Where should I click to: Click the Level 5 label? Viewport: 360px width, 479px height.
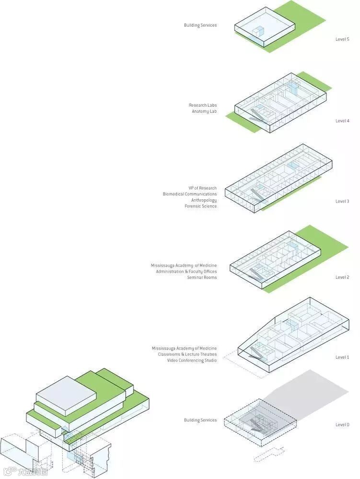pos(342,39)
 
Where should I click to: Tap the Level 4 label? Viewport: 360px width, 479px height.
pos(342,121)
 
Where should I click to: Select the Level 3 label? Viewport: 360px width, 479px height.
pos(342,201)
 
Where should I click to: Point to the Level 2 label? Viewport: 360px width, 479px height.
pos(342,277)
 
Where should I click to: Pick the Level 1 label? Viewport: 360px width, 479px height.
pos(342,357)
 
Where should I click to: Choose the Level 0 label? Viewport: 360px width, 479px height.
pos(342,424)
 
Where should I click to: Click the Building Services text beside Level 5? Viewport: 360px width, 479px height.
pos(200,25)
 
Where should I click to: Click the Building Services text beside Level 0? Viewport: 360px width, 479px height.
pos(200,420)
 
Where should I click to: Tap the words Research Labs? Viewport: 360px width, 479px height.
pos(202,105)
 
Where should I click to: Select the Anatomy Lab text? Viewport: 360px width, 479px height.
pos(204,112)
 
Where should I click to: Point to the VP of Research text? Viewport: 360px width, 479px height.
pos(202,188)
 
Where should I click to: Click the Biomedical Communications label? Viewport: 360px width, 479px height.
pos(189,194)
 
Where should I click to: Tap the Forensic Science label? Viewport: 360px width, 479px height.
pos(200,206)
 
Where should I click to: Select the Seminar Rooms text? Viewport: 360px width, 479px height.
pos(202,277)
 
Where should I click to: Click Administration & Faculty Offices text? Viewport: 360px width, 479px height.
pos(186,272)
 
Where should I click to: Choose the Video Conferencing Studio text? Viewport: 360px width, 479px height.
pos(192,360)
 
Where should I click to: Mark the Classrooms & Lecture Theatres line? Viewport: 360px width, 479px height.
pos(187,354)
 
